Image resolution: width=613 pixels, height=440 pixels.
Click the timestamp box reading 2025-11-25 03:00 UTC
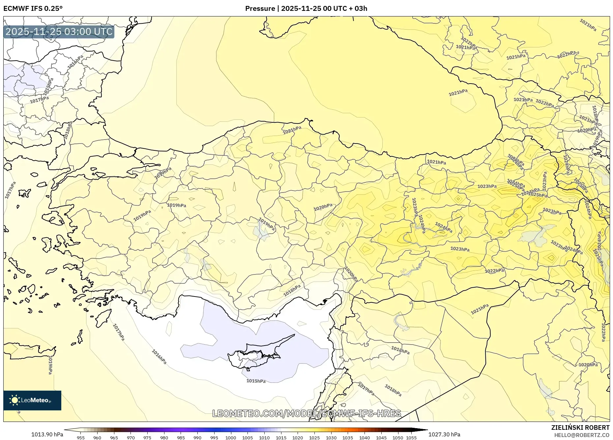(59, 32)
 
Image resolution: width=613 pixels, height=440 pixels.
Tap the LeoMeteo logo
(32, 400)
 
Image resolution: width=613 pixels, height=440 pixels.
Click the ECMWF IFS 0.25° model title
(33, 9)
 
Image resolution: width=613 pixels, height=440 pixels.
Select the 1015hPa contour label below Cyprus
(256, 381)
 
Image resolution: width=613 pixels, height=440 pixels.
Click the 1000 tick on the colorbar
(231, 438)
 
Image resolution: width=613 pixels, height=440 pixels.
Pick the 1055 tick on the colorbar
(411, 438)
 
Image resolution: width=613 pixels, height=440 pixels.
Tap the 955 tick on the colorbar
(81, 438)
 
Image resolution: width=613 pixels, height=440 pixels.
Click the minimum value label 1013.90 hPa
(47, 434)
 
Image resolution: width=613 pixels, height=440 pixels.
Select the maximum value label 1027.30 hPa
(444, 434)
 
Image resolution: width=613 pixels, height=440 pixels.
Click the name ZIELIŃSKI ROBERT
(580, 427)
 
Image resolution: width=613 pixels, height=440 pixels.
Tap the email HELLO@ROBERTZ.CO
(581, 435)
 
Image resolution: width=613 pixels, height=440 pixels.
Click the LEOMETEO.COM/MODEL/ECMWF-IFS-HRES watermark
(306, 413)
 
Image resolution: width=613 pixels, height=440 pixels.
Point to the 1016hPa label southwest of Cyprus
(159, 357)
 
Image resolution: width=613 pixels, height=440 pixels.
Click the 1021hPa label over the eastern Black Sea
(458, 93)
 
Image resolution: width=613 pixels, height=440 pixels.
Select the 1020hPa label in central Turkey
(323, 207)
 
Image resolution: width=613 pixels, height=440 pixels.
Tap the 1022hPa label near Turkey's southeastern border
(494, 271)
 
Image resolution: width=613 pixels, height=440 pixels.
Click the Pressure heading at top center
(306, 9)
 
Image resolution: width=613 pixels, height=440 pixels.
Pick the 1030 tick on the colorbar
(331, 438)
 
